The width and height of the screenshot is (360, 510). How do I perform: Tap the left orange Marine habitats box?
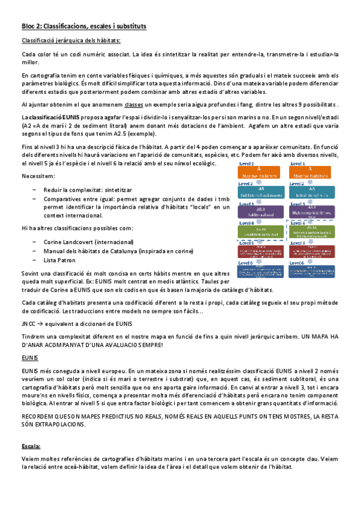(260, 173)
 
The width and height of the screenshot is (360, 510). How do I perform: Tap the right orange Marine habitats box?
(310, 173)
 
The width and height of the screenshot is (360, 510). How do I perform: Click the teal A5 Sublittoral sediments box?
(260, 192)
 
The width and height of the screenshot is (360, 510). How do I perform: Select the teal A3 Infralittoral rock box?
(310, 192)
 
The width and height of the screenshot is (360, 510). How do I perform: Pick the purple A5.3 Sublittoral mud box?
(260, 211)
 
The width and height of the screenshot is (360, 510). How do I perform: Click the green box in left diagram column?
(260, 231)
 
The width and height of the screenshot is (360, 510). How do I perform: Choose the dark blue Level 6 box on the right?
(310, 271)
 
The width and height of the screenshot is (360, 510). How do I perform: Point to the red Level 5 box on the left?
(260, 251)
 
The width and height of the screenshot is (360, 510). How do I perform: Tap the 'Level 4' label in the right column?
(296, 223)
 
